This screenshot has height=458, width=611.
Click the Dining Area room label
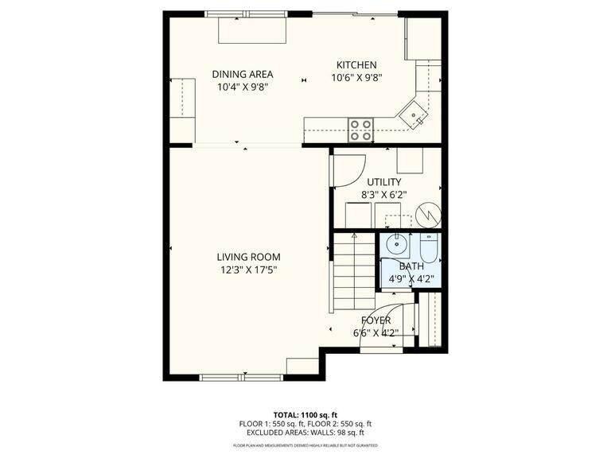click(243, 74)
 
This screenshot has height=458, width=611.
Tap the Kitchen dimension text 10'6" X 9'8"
click(356, 78)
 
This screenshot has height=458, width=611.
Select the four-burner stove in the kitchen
click(360, 130)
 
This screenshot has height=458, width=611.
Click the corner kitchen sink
click(413, 114)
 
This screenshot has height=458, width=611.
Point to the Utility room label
click(383, 182)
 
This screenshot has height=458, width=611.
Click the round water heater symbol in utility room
click(428, 215)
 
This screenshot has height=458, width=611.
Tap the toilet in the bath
click(429, 248)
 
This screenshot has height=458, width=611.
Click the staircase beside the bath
click(354, 271)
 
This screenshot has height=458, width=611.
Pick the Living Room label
click(248, 257)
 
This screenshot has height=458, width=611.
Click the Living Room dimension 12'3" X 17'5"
click(248, 270)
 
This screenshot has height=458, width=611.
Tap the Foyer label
click(376, 320)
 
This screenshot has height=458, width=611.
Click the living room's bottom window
click(242, 378)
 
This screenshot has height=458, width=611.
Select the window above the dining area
click(247, 14)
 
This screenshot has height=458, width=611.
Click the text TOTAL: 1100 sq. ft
click(305, 415)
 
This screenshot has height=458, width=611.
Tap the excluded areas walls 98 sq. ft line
click(305, 433)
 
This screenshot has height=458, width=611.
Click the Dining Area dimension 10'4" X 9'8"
click(243, 87)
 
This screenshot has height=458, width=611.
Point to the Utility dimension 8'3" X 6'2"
click(383, 195)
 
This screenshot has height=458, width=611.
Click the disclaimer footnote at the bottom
click(305, 445)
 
